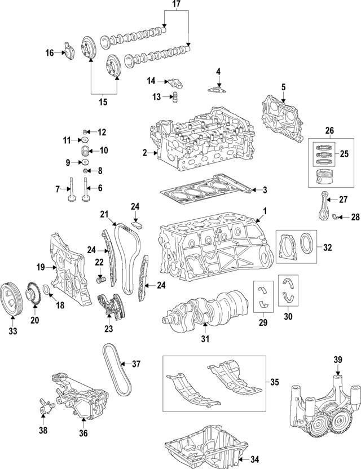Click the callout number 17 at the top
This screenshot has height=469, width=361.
[176, 5]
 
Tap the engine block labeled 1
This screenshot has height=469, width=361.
[214, 245]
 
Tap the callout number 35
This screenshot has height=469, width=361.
[275, 382]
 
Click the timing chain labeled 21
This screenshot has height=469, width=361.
[127, 248]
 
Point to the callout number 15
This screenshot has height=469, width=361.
[103, 102]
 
